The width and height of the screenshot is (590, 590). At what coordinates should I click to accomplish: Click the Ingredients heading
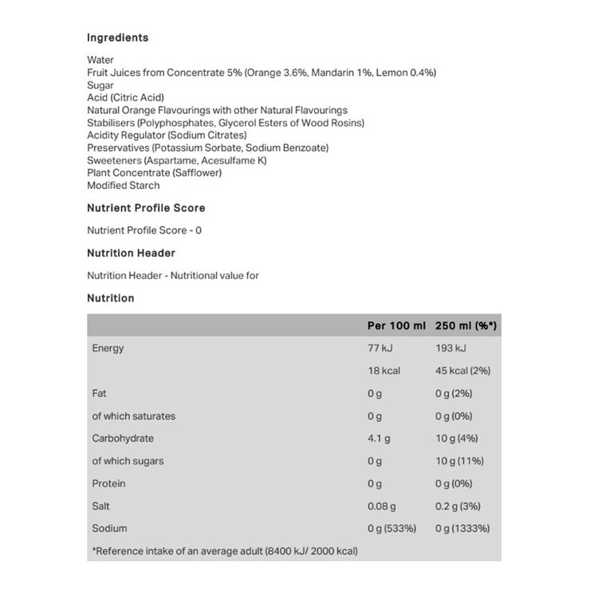117,37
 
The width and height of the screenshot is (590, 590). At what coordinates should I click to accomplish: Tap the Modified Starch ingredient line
123,186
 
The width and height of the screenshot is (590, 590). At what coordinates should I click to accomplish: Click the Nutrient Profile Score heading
145,208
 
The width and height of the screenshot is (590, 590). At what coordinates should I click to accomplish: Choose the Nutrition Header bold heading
130,254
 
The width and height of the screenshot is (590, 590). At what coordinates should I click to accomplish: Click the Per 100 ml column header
396,326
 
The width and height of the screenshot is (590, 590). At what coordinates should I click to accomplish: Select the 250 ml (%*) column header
466,326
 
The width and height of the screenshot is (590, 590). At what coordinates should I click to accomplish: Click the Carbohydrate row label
123,439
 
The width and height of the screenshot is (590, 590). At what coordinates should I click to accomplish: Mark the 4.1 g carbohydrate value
379,439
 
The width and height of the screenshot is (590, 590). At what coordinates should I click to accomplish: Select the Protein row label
109,484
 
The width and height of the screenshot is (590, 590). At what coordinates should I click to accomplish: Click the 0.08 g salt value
383,506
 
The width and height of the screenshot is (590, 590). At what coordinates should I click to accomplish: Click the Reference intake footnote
225,552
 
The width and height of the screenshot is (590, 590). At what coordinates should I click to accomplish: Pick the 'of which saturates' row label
134,416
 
